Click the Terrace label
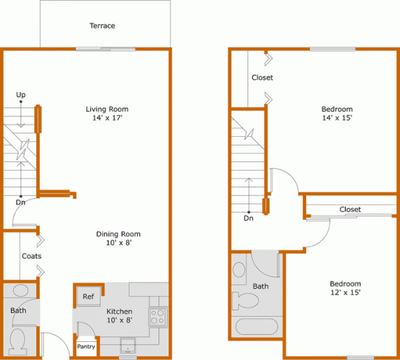pos(102,26)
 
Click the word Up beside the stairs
pos(21,95)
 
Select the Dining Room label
pos(118,234)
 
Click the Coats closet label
pos(30,256)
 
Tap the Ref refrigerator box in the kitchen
pos(88,297)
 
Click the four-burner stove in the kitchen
pos(157,315)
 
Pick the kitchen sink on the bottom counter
pos(128,350)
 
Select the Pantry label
pos(86,346)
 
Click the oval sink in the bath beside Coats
pos(20,290)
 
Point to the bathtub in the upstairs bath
pos(257,326)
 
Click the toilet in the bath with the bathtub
pos(240,271)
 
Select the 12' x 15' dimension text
pos(345,293)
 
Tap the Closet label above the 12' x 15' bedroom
pos(350,210)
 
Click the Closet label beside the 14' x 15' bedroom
pos(262,78)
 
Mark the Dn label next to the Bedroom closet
pos(249,217)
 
